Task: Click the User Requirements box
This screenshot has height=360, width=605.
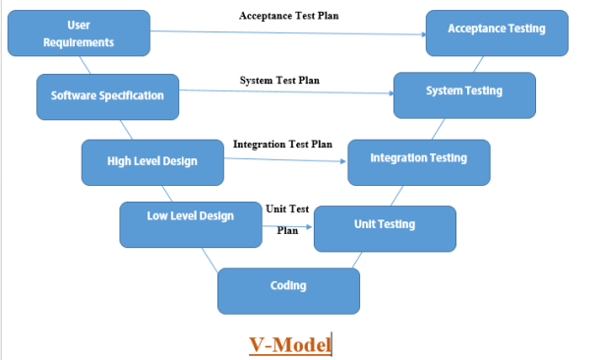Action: tap(79, 33)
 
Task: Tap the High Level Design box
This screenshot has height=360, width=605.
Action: tap(152, 160)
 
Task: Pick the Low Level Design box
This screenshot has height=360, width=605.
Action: tap(190, 224)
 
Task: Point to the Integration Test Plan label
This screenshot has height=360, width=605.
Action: tap(282, 144)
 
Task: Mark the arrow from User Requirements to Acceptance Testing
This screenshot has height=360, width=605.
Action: tap(285, 34)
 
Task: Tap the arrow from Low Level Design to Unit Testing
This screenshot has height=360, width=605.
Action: tap(287, 226)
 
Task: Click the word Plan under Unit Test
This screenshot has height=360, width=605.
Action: tap(287, 230)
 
